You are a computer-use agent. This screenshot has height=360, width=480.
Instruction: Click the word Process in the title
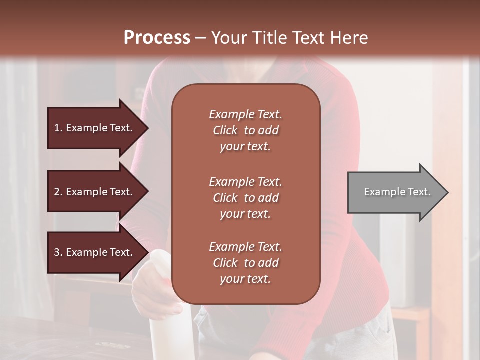(x=157, y=38)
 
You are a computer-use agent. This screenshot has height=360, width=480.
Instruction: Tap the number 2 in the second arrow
(x=57, y=192)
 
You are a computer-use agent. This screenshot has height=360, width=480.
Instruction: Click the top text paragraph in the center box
(x=245, y=130)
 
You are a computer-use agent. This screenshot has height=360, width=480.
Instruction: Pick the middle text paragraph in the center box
(x=245, y=198)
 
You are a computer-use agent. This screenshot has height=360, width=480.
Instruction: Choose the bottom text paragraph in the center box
(x=245, y=263)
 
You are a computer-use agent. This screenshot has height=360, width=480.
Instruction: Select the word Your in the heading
(x=227, y=38)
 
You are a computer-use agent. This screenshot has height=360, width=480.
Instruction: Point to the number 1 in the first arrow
(x=57, y=128)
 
